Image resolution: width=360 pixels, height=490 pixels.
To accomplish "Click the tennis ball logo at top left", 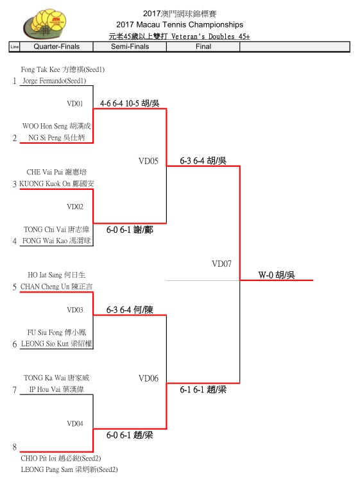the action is point(45,24).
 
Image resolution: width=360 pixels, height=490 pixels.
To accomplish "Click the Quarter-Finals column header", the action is point(56,47).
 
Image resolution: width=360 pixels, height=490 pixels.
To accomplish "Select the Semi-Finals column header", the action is point(130,47).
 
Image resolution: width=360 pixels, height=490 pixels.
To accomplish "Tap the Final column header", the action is point(203,47).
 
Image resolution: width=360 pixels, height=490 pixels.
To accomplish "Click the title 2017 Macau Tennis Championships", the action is point(180,24).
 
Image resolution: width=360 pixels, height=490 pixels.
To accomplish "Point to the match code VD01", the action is point(75,103).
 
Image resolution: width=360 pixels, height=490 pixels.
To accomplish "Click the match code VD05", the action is point(148,161).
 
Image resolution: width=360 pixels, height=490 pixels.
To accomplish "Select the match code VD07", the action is point(221,264).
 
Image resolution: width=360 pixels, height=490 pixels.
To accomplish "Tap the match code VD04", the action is point(75,423).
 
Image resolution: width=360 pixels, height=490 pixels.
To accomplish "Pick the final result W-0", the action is point(266,275).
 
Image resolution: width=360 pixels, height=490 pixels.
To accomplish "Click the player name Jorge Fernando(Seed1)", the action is point(54,81).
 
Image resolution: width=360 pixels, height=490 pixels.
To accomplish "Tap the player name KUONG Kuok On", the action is point(45,183).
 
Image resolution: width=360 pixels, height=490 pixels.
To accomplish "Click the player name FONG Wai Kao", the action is point(44,241).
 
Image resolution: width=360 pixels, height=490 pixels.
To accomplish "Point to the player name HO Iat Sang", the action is point(45,275).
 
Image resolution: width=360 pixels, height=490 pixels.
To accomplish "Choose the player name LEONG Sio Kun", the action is point(45,344).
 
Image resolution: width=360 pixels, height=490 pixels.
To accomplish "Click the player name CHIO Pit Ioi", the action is point(39,458).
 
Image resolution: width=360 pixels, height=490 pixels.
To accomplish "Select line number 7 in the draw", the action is point(14,390).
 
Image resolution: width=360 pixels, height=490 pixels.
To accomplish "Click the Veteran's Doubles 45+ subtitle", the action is point(210,37).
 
